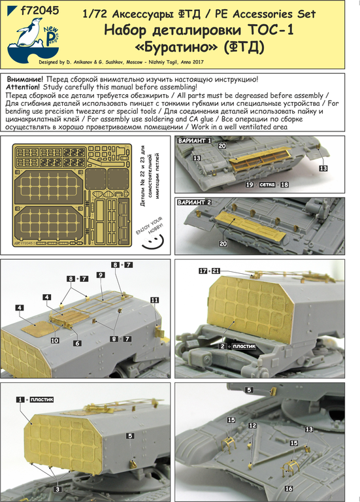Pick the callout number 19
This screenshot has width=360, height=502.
coord(249,186)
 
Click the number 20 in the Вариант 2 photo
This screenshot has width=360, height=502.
coord(223,243)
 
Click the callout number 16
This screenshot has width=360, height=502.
coord(289,488)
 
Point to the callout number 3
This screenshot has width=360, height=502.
coord(57,488)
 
